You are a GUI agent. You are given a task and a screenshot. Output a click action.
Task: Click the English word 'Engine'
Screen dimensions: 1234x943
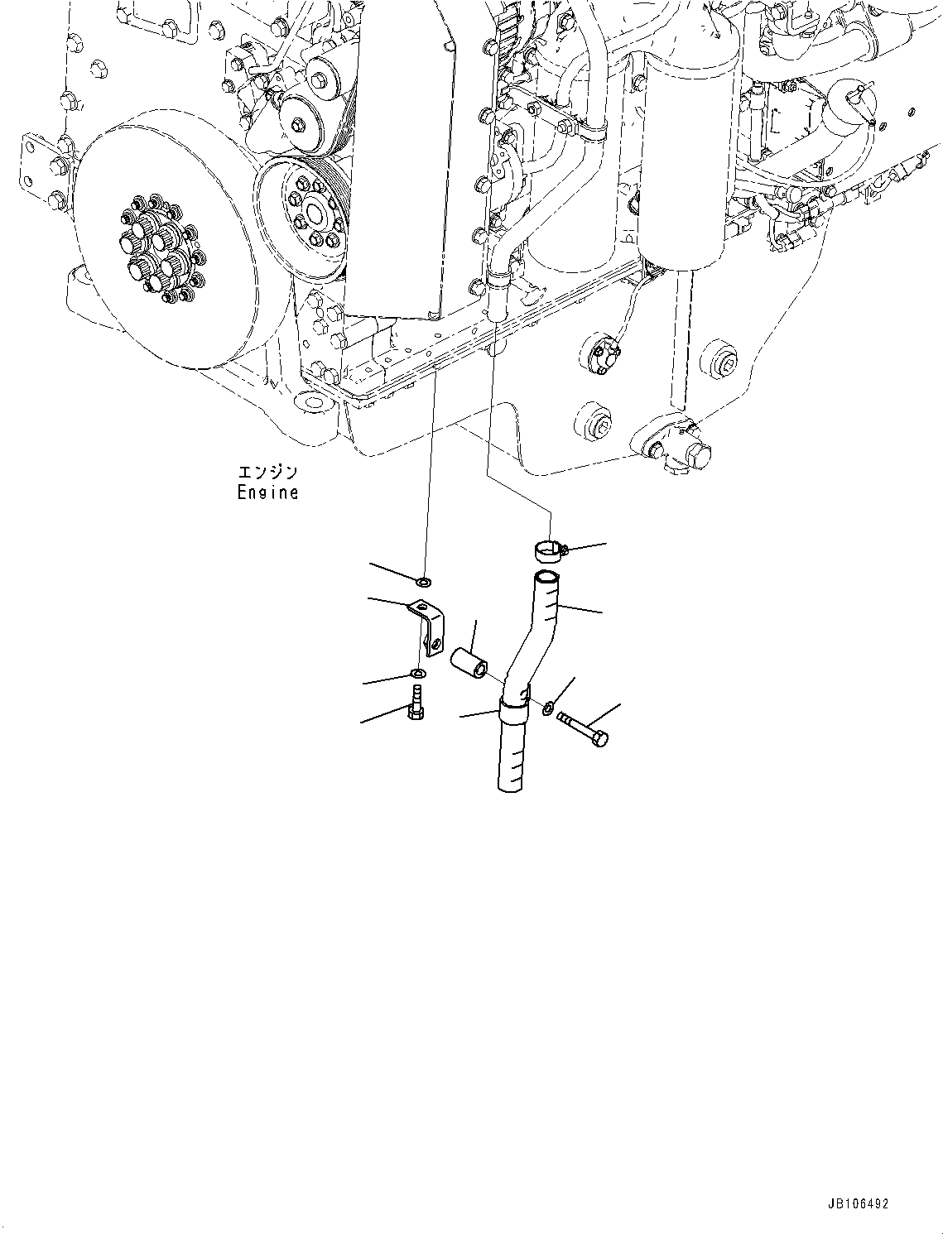pos(267,492)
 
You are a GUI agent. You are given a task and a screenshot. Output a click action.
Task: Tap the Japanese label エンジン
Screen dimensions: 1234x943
pos(267,473)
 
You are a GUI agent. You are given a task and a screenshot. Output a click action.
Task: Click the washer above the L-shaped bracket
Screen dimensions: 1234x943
pos(424,583)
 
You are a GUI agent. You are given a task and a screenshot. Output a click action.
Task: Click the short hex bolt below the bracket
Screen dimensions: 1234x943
pos(416,703)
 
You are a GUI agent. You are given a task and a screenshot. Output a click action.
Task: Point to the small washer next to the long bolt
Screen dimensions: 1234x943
pos(549,708)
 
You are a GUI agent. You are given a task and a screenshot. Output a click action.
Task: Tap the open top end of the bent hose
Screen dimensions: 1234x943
pos(545,576)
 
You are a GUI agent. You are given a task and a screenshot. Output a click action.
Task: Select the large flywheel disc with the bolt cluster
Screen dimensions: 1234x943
pos(157,250)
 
